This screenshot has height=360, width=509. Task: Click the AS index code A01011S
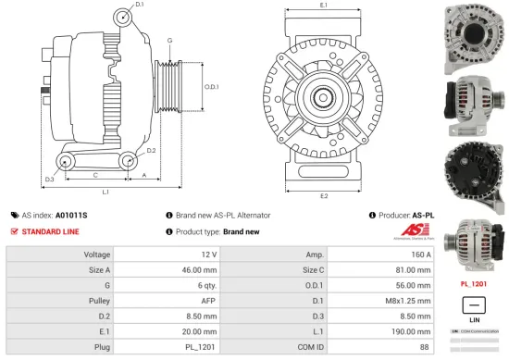click(x=72, y=214)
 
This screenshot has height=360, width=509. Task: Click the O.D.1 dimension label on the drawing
click(x=210, y=87)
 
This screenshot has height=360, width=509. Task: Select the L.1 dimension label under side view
click(x=106, y=192)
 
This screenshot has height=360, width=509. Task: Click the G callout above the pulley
click(x=169, y=41)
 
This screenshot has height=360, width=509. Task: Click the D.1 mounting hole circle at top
click(x=123, y=19)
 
